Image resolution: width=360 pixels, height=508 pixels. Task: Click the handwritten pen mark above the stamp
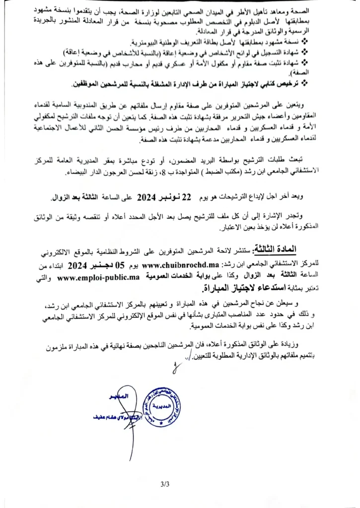click(x=177, y=368)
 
